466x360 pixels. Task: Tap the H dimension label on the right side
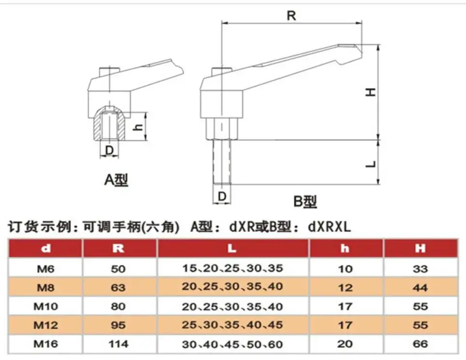tap(370, 91)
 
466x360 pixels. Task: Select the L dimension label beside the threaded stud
tap(371, 164)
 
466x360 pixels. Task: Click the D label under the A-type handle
tap(110, 150)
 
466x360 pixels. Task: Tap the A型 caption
tap(116, 180)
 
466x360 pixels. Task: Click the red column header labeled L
tap(233, 249)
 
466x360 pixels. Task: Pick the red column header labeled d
tap(46, 249)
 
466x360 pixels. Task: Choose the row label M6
tap(46, 269)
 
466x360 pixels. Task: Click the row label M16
tap(46, 344)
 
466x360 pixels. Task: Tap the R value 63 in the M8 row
tap(118, 288)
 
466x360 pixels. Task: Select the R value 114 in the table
tap(118, 344)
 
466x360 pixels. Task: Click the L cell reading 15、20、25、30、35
tap(233, 269)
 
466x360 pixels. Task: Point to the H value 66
tap(420, 344)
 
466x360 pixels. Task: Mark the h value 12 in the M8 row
tap(345, 288)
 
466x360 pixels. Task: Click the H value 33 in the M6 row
tap(420, 269)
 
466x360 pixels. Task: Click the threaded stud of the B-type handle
tap(222, 162)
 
